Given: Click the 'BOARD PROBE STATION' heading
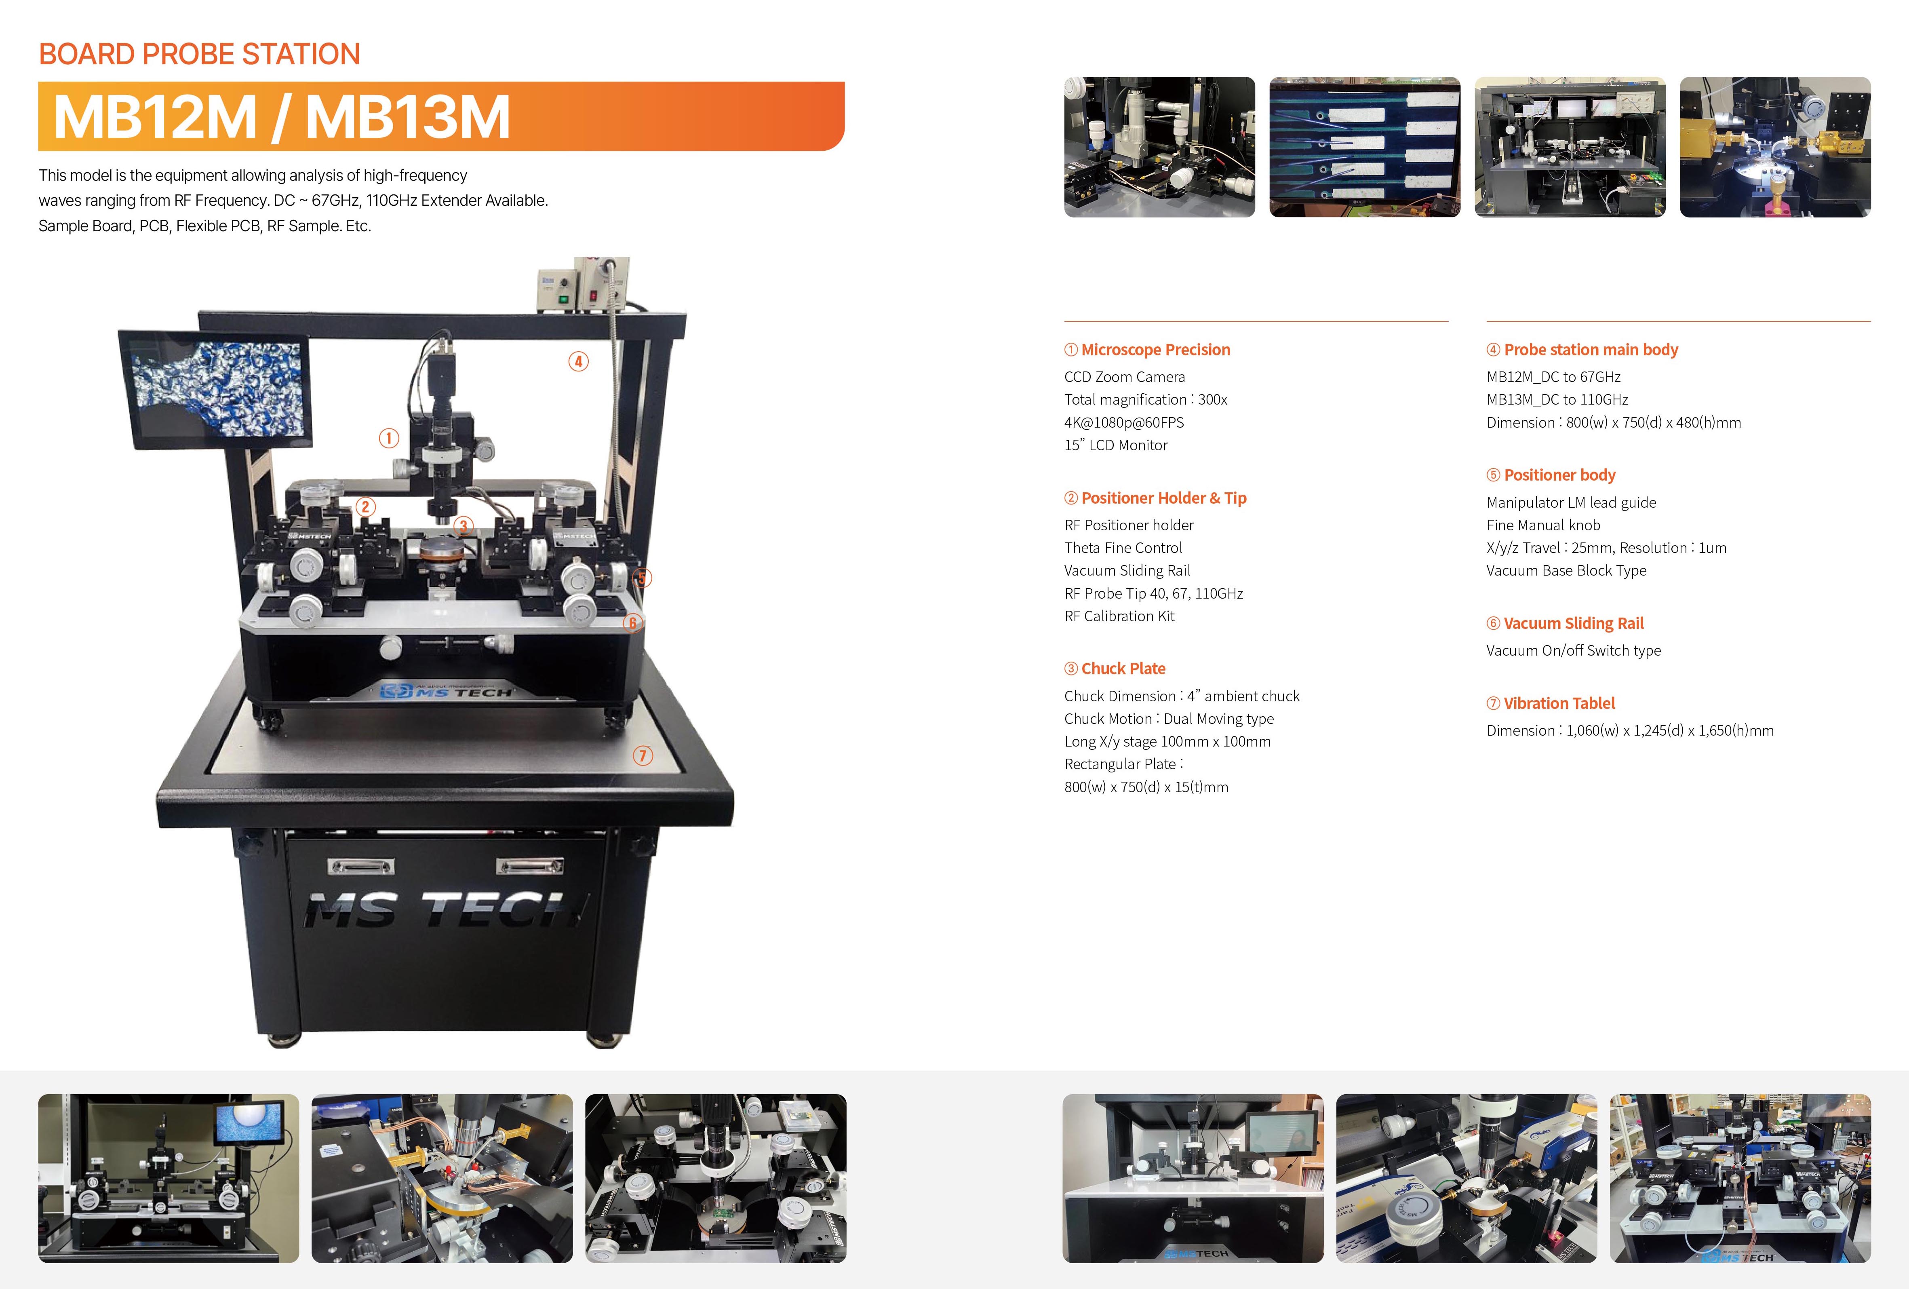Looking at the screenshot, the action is click(200, 54).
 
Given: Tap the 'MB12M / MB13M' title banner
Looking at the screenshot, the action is click(441, 116).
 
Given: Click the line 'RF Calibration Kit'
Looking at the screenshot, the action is click(1120, 616).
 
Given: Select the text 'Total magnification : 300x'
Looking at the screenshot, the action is click(1146, 399).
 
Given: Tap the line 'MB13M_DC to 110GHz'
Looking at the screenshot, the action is click(1557, 399).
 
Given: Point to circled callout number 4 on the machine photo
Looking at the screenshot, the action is click(578, 361).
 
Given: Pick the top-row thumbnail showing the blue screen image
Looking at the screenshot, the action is click(1364, 147).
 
